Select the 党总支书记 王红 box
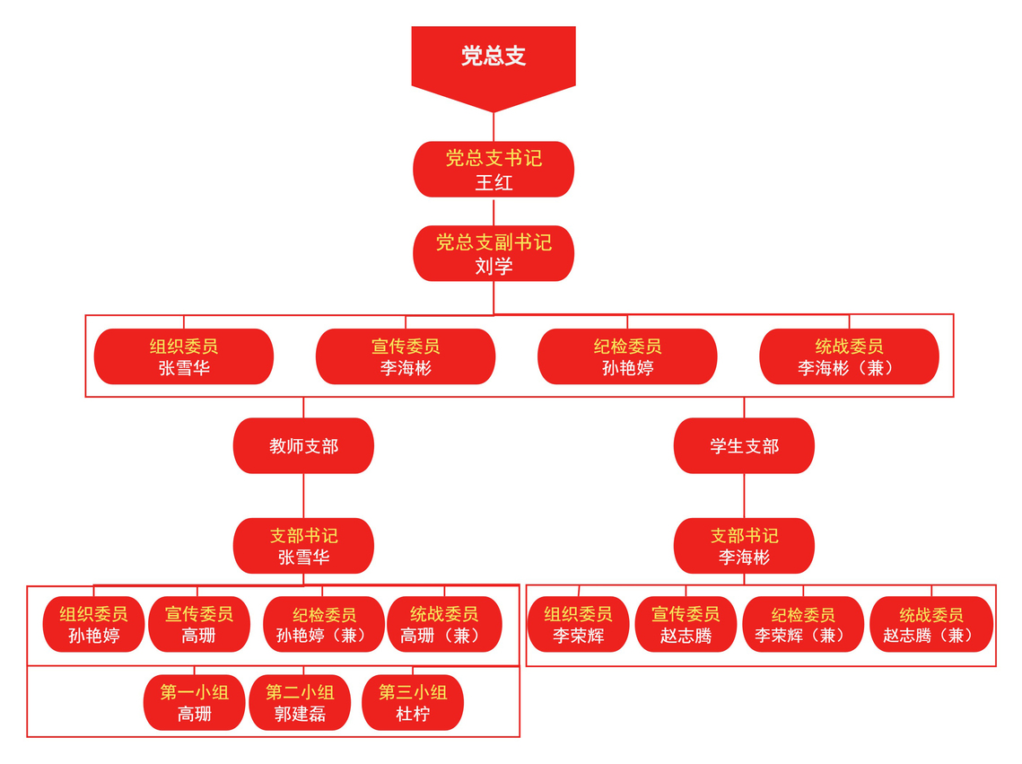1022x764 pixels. pyautogui.click(x=494, y=170)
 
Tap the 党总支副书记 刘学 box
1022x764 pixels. pyautogui.click(x=494, y=254)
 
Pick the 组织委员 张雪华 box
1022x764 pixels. pyautogui.click(x=184, y=356)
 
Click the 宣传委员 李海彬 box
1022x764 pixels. pyautogui.click(x=406, y=356)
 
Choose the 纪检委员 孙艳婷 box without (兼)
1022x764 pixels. pyautogui.click(x=627, y=356)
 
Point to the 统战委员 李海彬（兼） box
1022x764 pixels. pyautogui.click(x=849, y=356)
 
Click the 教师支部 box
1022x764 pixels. pyautogui.click(x=303, y=446)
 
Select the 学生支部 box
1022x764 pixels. pyautogui.click(x=744, y=446)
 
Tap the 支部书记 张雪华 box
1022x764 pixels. pyautogui.click(x=303, y=546)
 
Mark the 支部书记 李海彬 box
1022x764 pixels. pyautogui.click(x=744, y=546)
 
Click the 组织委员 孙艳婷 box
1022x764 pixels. pyautogui.click(x=93, y=625)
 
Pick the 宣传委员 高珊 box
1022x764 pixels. pyautogui.click(x=199, y=625)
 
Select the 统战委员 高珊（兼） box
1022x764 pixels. pyautogui.click(x=444, y=625)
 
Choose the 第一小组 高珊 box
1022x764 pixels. pyautogui.click(x=195, y=703)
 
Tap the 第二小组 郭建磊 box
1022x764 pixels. pyautogui.click(x=300, y=703)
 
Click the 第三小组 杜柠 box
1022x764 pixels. pyautogui.click(x=413, y=703)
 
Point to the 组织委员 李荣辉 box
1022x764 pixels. pyautogui.click(x=578, y=625)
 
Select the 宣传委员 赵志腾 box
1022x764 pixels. pyautogui.click(x=686, y=625)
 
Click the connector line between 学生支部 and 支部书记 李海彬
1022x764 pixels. pyautogui.click(x=744, y=496)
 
